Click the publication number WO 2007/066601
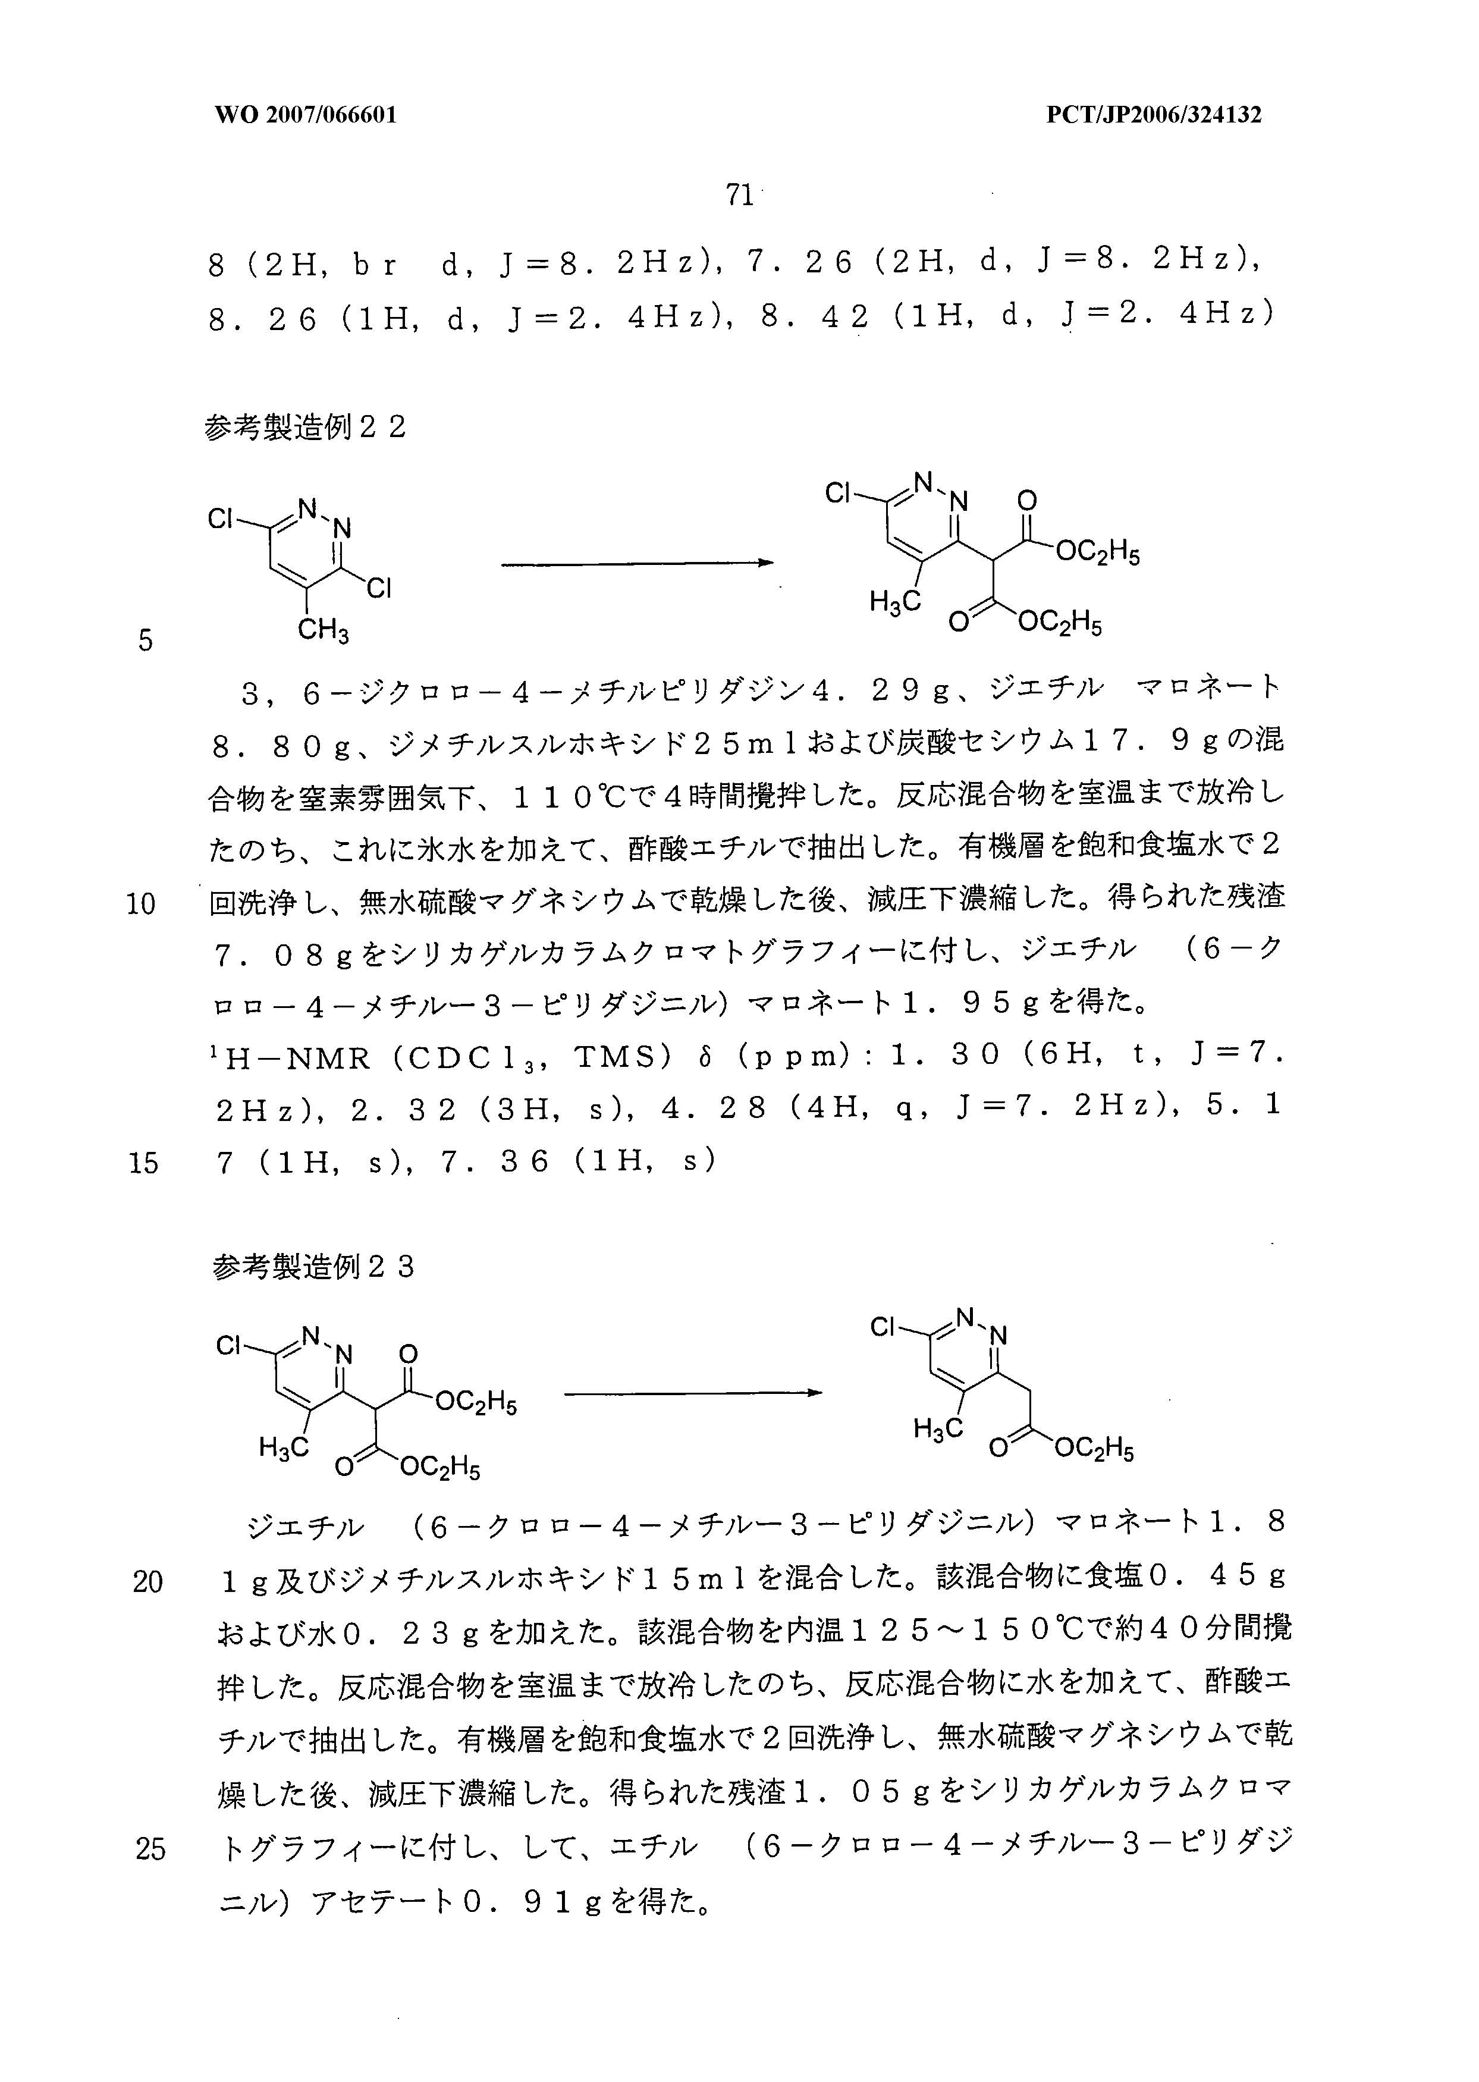coord(306,115)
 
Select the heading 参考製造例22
coord(305,427)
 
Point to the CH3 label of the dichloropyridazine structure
coord(324,629)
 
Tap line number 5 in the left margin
coord(146,640)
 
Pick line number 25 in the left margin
coord(150,1848)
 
